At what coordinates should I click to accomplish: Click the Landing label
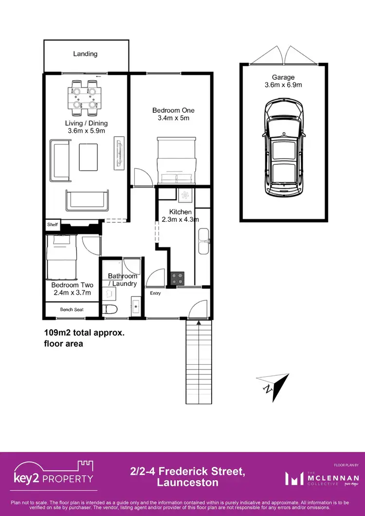[86, 54]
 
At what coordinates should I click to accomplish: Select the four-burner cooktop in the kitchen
[178, 279]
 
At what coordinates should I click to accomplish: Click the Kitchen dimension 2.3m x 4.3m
[181, 220]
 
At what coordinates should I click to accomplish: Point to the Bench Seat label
[71, 309]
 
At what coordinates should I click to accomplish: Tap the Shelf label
[52, 225]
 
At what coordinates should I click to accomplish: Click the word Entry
[155, 293]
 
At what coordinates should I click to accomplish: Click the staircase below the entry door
[200, 362]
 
